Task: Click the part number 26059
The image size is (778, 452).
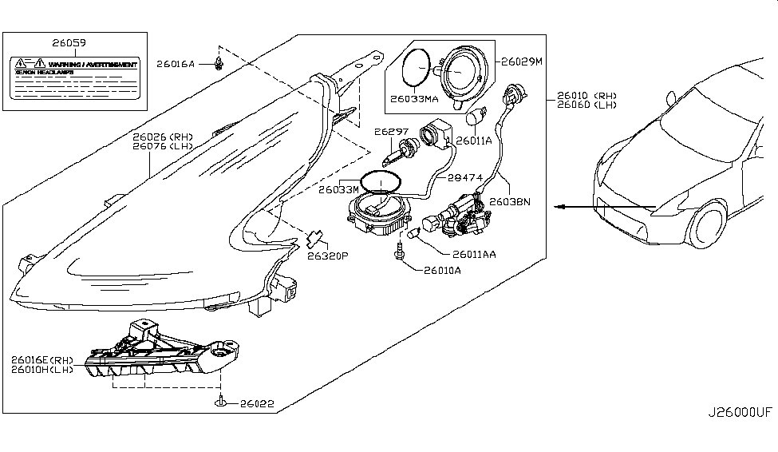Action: pyautogui.click(x=70, y=43)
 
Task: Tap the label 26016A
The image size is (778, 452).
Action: pyautogui.click(x=176, y=62)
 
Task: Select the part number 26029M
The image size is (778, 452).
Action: pyautogui.click(x=522, y=60)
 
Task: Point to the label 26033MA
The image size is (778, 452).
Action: pyautogui.click(x=414, y=101)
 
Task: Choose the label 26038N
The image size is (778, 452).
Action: pyautogui.click(x=511, y=202)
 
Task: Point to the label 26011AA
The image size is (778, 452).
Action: pyautogui.click(x=474, y=255)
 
